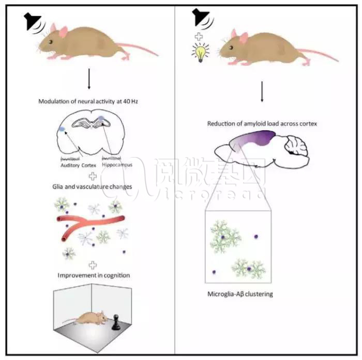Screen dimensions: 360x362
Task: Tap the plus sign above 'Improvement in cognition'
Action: (93, 264)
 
